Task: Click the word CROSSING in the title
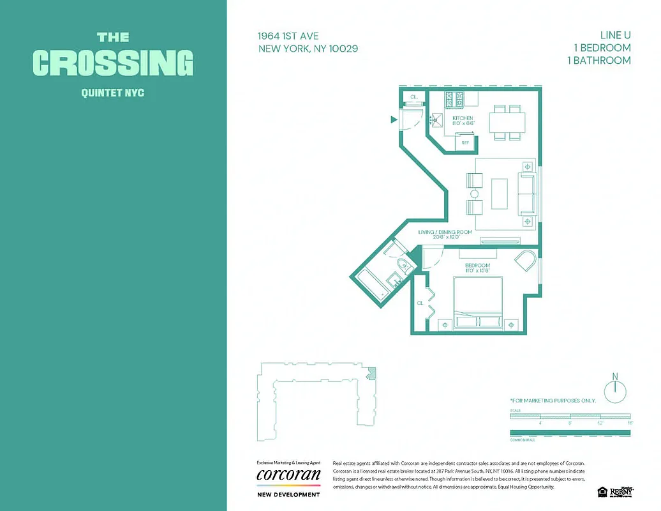tap(113, 63)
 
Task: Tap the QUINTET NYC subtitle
tap(113, 93)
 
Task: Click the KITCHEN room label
tap(463, 118)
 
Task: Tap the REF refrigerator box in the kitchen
tap(465, 142)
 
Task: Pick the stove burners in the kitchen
tap(456, 99)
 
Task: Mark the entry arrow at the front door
tap(394, 119)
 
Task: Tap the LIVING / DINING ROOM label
tap(445, 232)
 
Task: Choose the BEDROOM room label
tap(477, 265)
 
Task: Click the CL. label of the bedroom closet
tap(420, 303)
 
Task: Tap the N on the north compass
tap(615, 376)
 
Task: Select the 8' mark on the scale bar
tap(570, 423)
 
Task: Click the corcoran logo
tap(288, 475)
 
